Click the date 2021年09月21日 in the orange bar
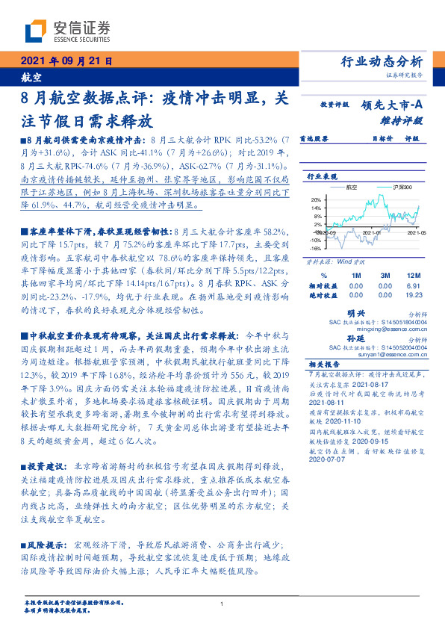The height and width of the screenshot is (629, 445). pyautogui.click(x=66, y=61)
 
